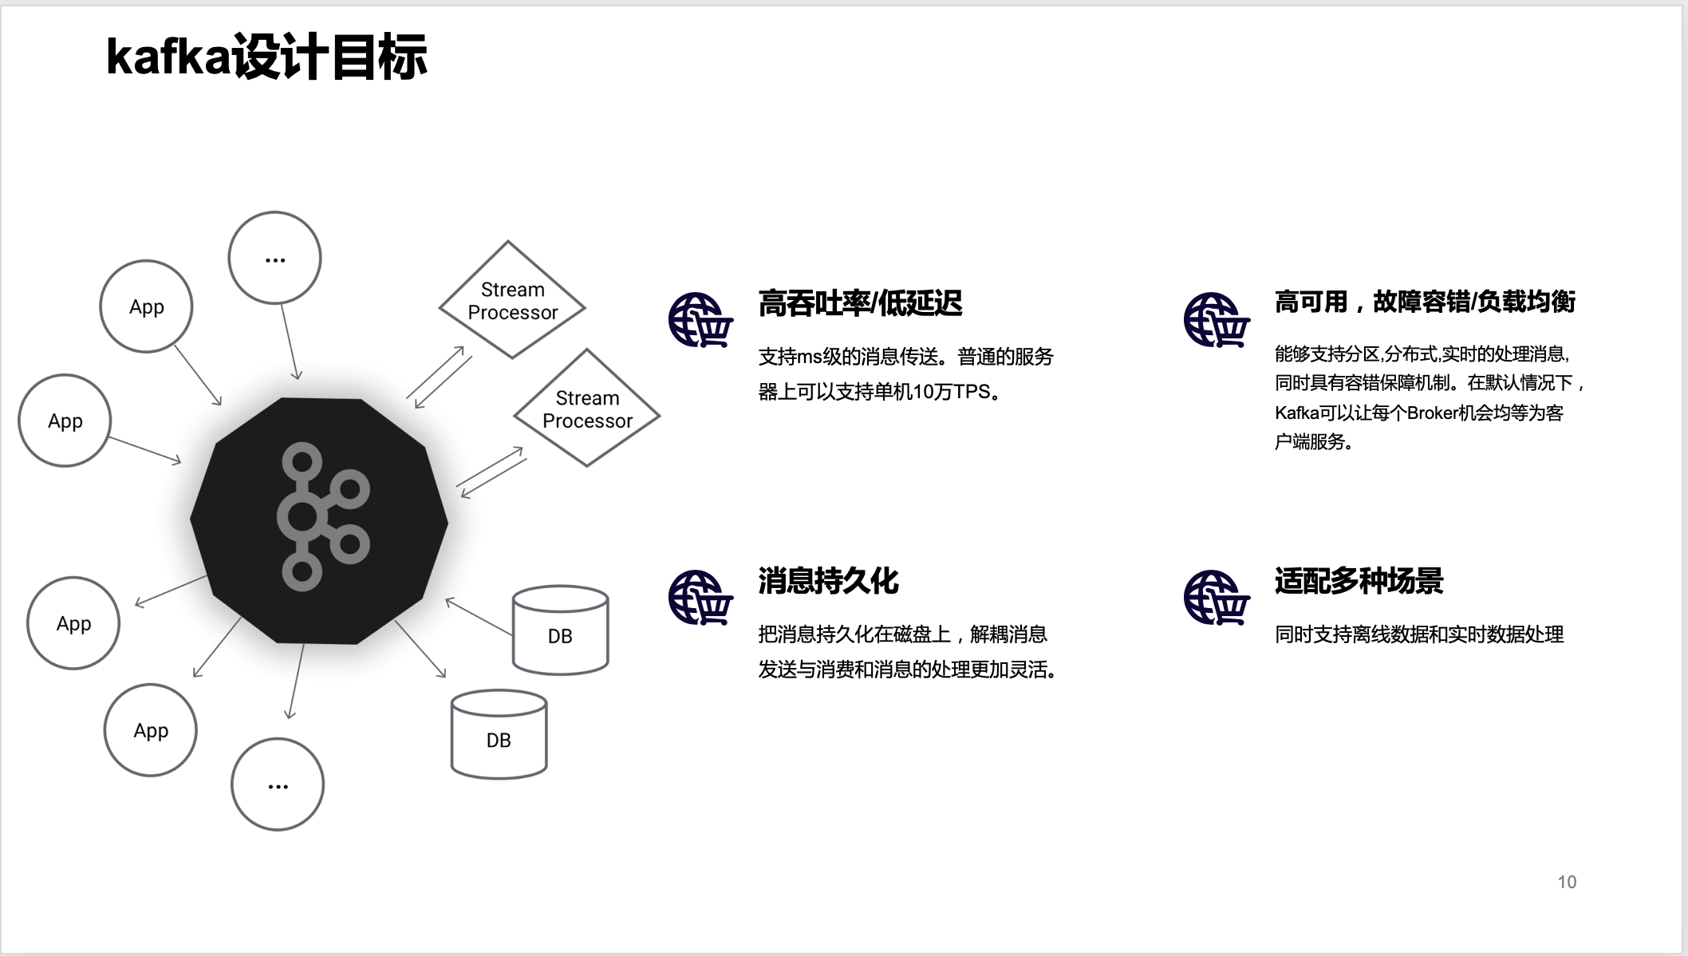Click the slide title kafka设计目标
266,57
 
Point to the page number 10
1567,882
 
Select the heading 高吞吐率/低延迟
860,303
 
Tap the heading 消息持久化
828,581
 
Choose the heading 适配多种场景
1359,581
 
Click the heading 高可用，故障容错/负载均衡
1425,302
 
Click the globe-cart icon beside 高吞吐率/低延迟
700,320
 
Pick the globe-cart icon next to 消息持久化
700,598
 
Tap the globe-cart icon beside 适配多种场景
1217,598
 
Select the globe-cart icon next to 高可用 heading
1217,320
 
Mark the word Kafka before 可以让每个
1296,413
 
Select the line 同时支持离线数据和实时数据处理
1419,634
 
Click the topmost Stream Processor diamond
512,300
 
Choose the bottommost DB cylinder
499,734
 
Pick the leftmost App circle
65,421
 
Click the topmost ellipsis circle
274,258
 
